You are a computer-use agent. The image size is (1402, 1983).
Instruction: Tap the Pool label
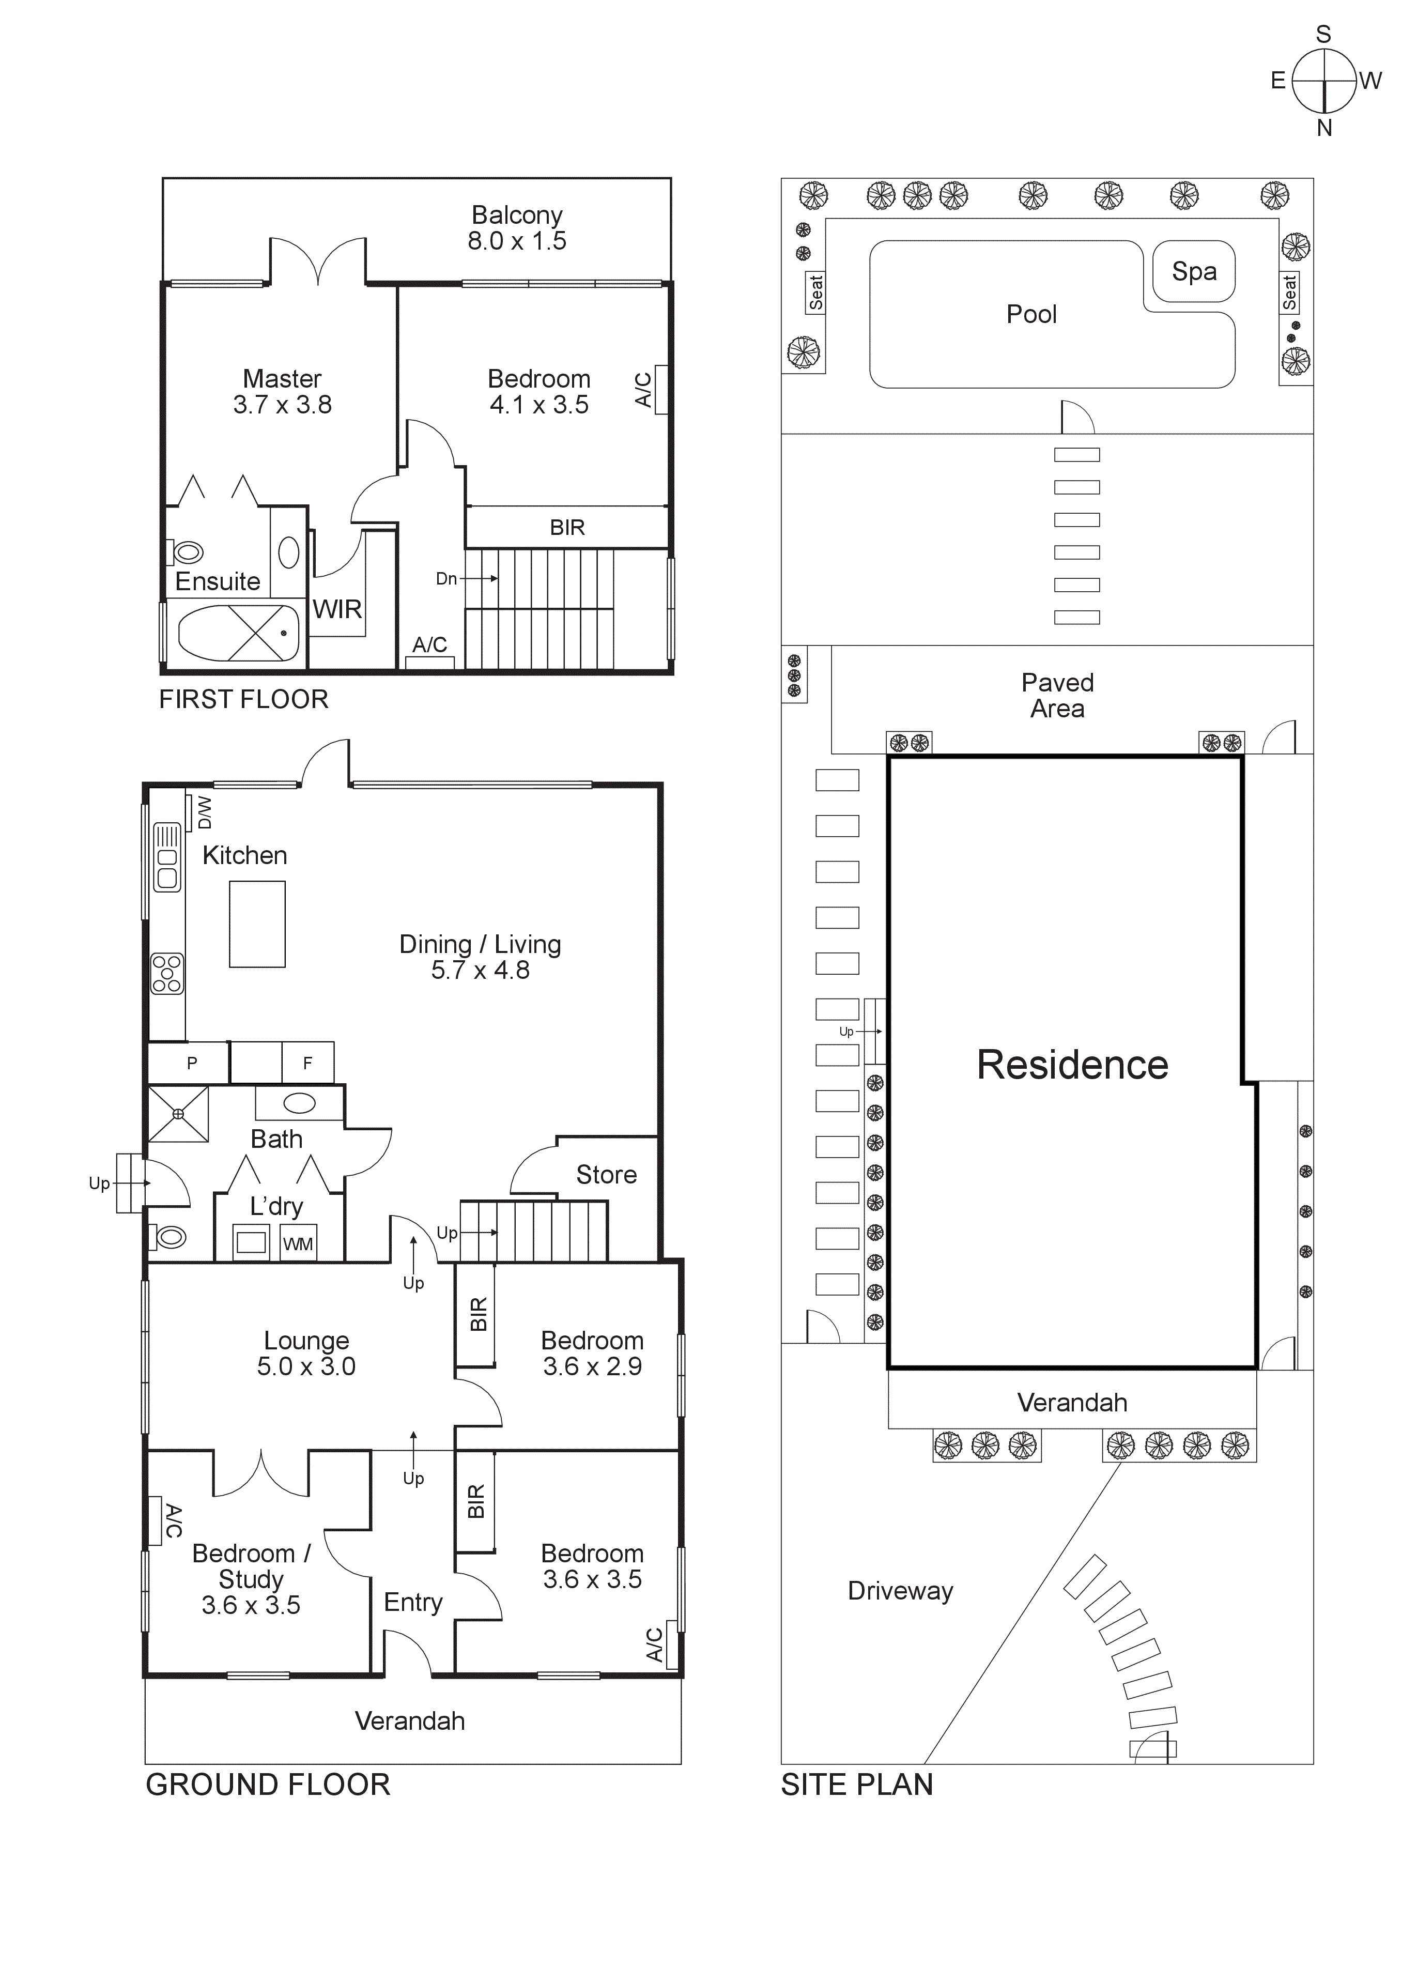point(1031,314)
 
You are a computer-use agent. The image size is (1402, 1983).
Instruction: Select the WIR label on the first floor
point(337,610)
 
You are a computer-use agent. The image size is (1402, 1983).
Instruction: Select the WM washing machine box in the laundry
point(298,1244)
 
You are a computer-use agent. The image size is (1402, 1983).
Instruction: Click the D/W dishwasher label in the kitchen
point(204,813)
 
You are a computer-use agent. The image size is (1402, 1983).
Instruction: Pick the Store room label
point(606,1175)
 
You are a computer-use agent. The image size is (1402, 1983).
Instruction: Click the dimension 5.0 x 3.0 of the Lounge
point(306,1366)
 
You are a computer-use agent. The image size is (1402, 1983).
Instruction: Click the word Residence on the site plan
point(1072,1065)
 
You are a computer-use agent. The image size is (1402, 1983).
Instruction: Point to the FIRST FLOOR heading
point(243,700)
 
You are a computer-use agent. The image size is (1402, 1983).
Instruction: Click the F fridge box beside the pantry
point(307,1063)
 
